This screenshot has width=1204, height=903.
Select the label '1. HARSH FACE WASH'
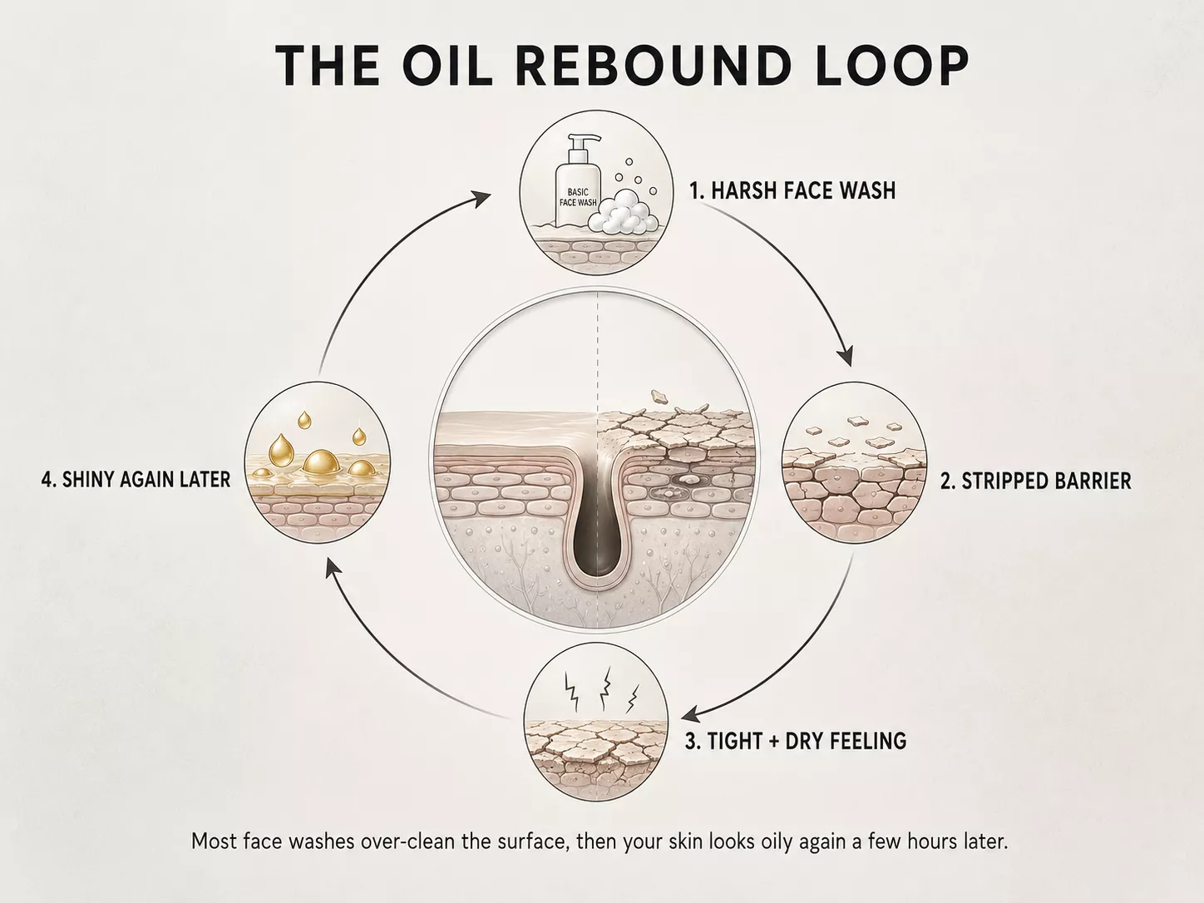pos(792,190)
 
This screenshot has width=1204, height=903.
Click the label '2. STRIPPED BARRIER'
pos(1035,481)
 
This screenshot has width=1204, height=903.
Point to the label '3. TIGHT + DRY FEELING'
pos(796,741)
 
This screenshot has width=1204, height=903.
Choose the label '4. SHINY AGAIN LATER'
pos(136,479)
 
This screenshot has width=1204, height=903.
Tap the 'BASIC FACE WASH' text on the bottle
pos(578,197)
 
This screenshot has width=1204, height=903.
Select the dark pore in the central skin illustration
pos(597,521)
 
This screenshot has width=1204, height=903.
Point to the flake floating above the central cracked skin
pos(659,396)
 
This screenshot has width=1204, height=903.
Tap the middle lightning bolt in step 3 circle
pos(605,688)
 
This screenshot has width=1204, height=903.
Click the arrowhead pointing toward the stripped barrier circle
pos(846,357)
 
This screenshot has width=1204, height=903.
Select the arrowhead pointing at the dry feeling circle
pos(691,715)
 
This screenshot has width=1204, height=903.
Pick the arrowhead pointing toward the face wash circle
pos(482,199)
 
